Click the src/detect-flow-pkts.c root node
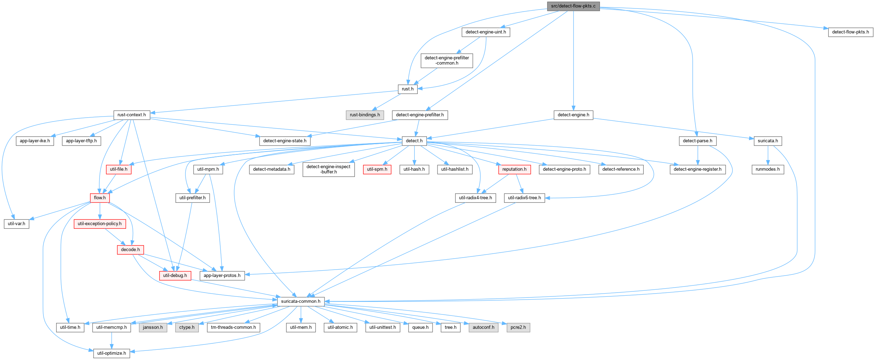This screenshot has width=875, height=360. tap(573, 6)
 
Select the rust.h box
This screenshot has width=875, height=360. tap(407, 89)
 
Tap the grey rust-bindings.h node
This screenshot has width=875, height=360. tap(365, 115)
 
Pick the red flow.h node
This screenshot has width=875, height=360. tap(100, 198)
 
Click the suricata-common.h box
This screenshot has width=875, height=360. tap(301, 301)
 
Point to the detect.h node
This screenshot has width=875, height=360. tap(414, 141)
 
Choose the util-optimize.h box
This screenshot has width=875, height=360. tap(112, 353)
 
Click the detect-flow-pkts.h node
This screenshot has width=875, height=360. tap(851, 32)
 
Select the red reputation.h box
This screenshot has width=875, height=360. tap(514, 169)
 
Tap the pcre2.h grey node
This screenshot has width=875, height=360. tap(518, 327)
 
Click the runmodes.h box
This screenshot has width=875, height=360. tap(768, 169)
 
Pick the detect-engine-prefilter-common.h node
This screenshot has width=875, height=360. tap(447, 60)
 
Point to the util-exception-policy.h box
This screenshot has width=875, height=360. tap(100, 224)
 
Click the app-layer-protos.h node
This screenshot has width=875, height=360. tap(222, 276)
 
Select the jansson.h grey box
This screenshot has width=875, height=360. tap(153, 327)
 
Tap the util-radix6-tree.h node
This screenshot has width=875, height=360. tap(524, 198)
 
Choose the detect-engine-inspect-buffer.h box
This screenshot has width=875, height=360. tap(328, 169)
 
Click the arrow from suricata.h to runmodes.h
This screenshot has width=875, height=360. tap(768, 155)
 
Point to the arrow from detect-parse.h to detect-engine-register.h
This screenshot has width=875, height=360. tap(698, 155)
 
